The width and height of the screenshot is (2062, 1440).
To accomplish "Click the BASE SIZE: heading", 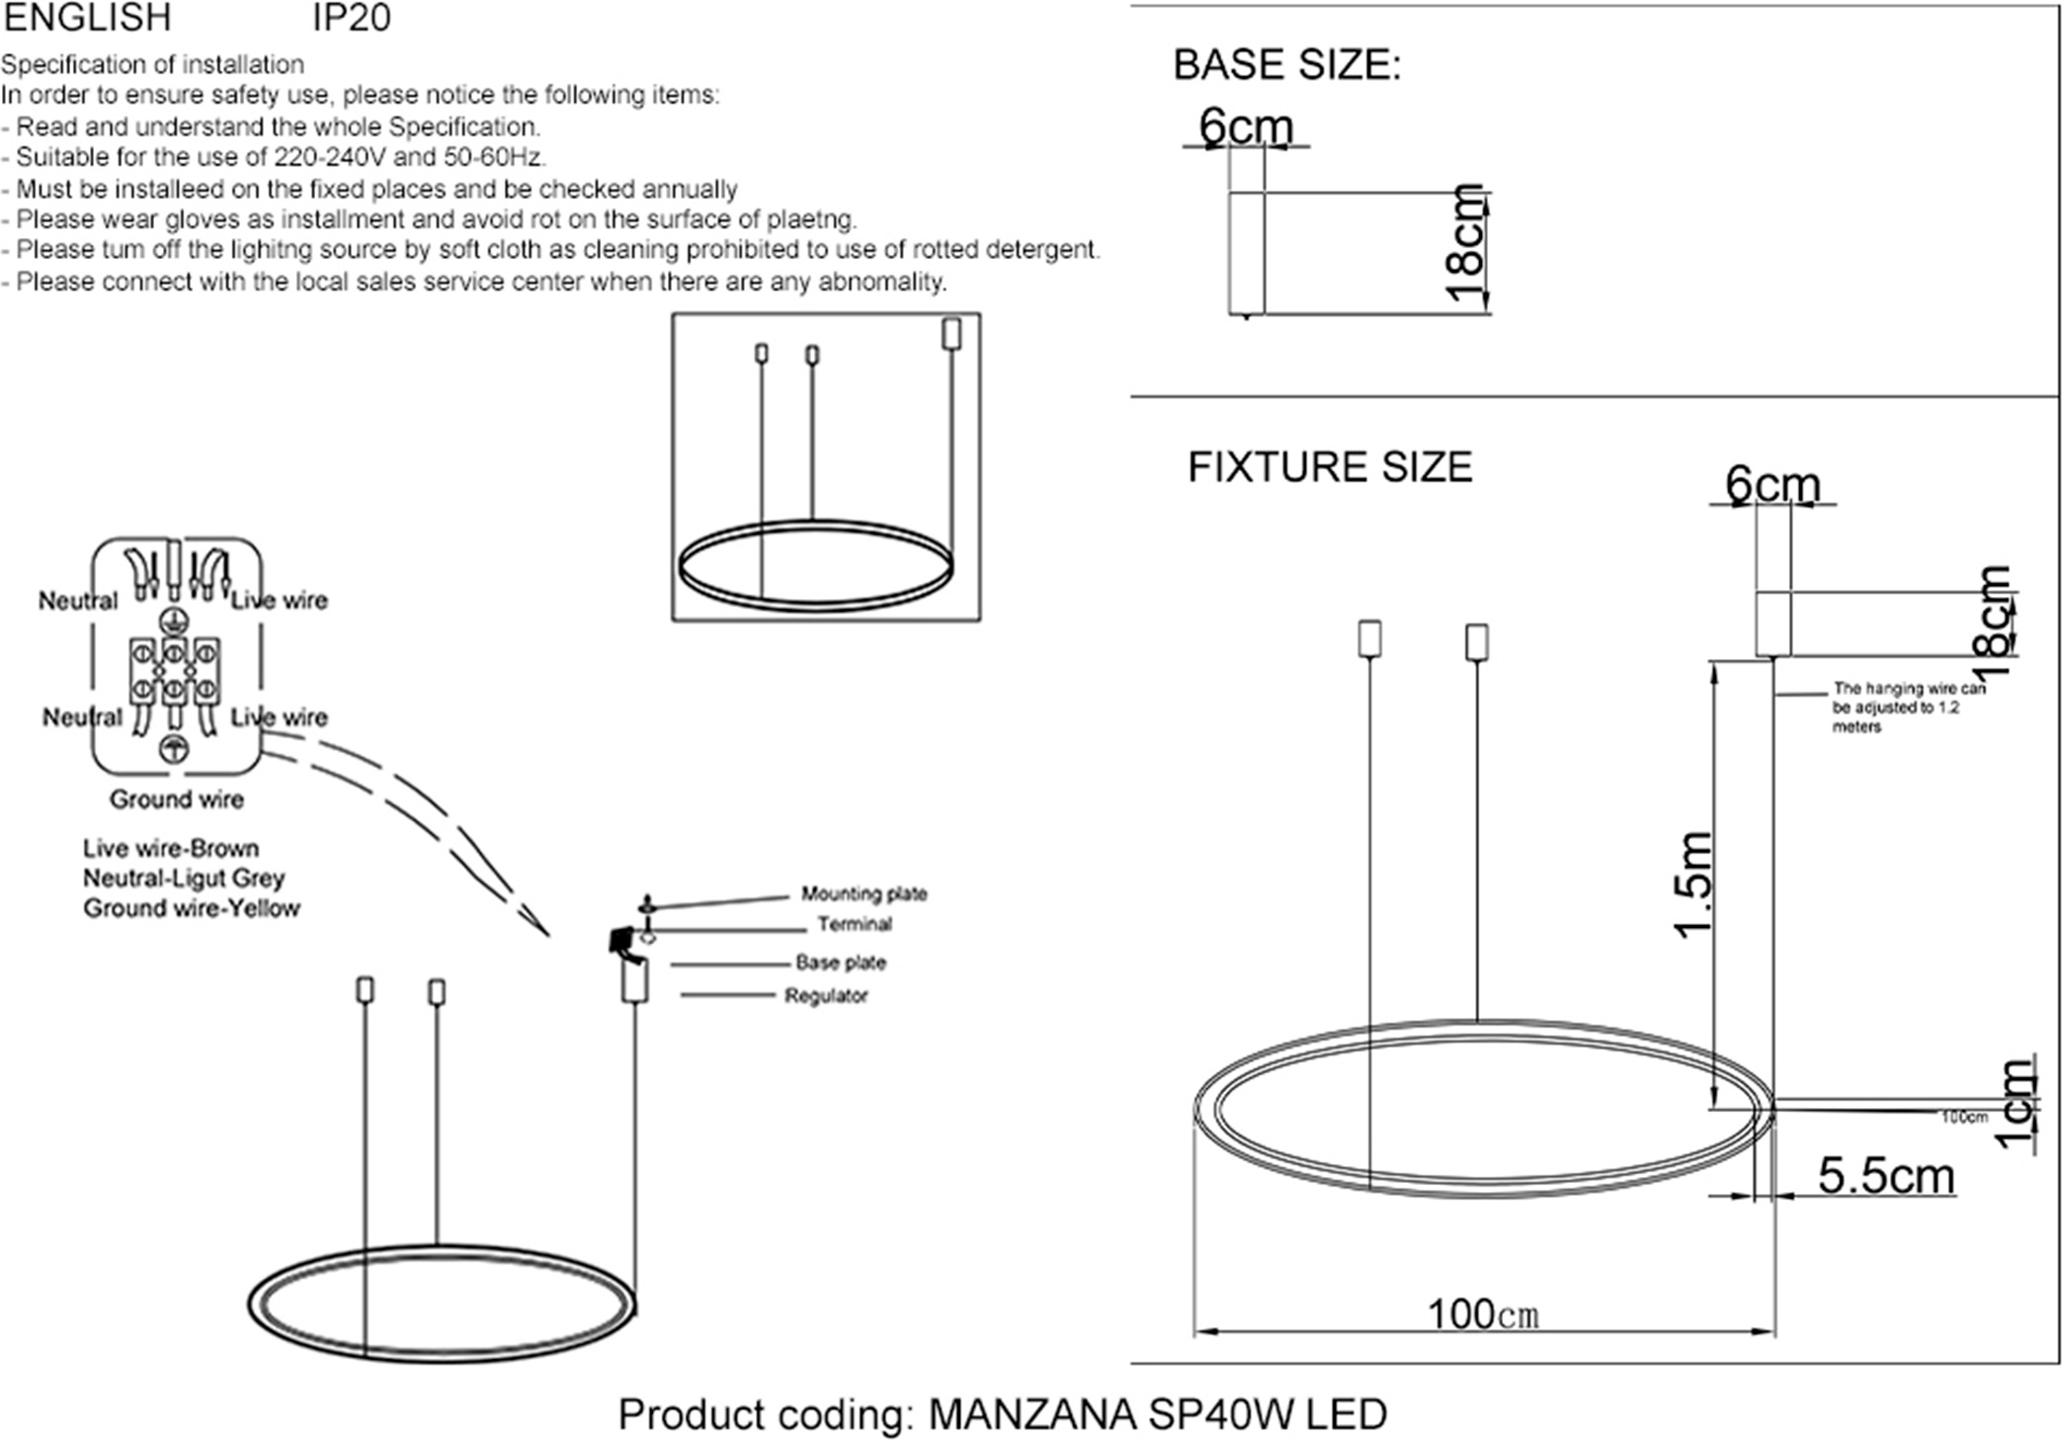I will pos(1286,65).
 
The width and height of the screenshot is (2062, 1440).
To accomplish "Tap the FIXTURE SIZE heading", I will pos(1329,467).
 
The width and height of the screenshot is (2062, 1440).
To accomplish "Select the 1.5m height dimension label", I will pos(1693,884).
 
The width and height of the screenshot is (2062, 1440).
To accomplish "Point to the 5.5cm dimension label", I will pos(1885,1176).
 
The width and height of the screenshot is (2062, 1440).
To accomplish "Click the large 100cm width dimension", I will pos(1483,1314).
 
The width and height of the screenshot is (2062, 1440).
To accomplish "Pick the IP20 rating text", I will pos(352,18).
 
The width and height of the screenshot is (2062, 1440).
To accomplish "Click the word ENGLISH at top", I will pos(88,18).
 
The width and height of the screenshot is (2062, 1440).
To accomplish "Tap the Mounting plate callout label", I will pos(864,894).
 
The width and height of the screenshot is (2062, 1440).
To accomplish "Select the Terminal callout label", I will pos(854,925).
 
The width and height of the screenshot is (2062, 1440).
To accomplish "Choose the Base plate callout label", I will pos(840,963).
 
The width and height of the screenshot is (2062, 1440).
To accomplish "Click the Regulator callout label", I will pos(826,996).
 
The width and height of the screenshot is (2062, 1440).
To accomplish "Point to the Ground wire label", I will pos(177,800).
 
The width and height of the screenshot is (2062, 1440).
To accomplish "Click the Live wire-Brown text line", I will pos(171,849).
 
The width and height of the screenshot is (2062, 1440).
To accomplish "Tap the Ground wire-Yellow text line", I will pos(191,908).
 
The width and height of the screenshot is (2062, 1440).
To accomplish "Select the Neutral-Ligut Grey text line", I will pos(184,879).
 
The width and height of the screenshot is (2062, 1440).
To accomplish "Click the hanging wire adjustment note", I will pos(1907,708).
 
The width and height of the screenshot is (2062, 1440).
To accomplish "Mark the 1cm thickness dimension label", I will pos(2017,1105).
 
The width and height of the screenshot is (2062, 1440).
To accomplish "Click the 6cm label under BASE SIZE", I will pos(1245,127).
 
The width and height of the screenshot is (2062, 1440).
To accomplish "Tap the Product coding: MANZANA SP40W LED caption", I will pos(1002,1415).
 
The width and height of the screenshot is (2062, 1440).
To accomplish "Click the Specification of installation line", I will pos(152,65).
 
